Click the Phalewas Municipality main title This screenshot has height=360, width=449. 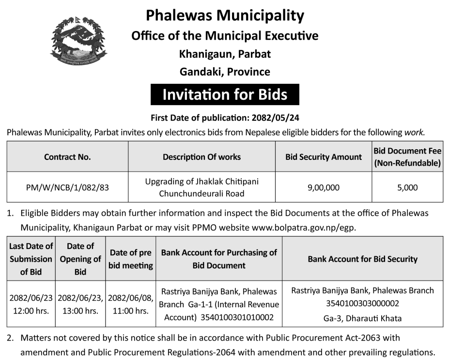point(225,16)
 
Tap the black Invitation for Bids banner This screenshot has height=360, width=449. point(225,94)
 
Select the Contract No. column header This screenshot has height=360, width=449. point(67,157)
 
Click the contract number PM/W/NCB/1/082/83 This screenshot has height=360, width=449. point(67,188)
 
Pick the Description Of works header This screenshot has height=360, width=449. point(201,157)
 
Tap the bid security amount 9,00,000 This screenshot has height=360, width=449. point(323,188)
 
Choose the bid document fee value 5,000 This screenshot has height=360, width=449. point(407,188)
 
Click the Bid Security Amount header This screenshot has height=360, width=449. point(323,157)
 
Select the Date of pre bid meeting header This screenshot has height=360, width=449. point(131,259)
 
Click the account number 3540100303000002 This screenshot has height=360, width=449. point(362,304)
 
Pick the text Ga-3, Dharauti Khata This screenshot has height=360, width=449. point(362,318)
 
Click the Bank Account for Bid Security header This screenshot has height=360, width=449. point(362,259)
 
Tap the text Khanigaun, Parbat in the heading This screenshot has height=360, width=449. point(225,54)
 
